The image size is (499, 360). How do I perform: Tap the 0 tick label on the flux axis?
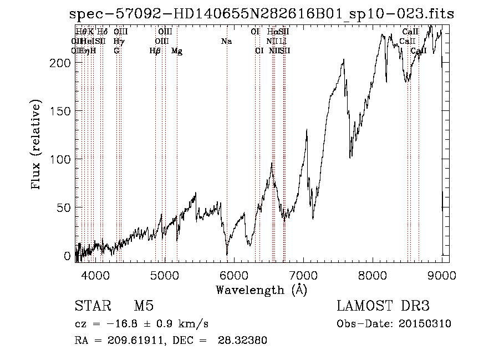pos(67,256)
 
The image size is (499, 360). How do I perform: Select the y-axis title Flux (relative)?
pos(37,145)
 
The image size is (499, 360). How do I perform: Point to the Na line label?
pos(226,42)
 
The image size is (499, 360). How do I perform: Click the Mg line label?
pos(177,51)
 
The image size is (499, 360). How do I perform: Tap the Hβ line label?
pos(155,51)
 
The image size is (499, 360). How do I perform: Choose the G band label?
pos(116,51)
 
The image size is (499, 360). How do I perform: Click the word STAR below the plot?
pos(91,306)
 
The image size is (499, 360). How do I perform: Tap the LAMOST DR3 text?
pos(383,306)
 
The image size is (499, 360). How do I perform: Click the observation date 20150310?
pos(425,324)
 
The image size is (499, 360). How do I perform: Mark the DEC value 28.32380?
pos(244,341)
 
